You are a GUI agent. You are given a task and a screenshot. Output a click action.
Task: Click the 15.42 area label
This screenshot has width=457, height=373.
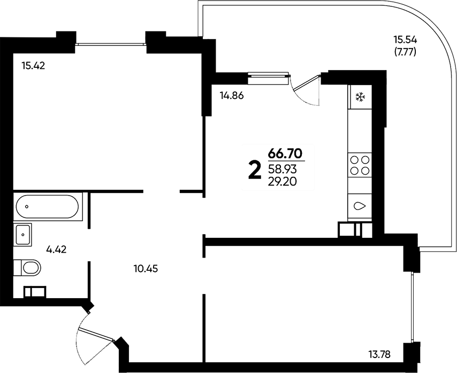coord(33,66)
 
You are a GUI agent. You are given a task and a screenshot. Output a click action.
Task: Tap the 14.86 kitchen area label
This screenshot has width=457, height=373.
coord(232,96)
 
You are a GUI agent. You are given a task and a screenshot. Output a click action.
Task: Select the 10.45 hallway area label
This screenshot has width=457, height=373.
coord(146,269)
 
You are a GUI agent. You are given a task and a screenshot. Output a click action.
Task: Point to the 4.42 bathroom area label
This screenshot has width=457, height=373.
coord(57,250)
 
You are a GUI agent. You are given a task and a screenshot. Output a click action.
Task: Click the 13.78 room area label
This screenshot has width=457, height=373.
coord(379,354)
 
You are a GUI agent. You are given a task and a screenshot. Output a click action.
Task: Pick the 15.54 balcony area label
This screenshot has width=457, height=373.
coord(406,39)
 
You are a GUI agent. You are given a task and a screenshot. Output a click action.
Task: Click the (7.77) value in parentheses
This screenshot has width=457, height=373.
coord(405,52)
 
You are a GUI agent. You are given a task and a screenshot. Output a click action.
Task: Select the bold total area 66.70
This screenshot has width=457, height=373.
coord(285,153)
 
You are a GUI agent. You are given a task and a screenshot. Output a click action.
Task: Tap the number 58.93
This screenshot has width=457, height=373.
coord(283,169)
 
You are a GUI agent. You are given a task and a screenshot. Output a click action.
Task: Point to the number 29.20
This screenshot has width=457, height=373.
coord(283,182)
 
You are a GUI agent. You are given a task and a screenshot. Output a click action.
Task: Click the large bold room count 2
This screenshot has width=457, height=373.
coord(254,171)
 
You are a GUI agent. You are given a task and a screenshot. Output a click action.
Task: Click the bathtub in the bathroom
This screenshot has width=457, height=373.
coord(48,206)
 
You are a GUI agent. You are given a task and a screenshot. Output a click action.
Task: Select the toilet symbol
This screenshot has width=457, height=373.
coord(27,267)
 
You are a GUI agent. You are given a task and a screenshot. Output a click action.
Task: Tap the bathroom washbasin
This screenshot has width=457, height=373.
coord(22,235)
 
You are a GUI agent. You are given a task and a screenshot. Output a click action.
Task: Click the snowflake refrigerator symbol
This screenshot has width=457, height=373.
coord(360,97)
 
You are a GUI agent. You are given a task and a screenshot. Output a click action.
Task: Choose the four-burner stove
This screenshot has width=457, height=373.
coord(360,165)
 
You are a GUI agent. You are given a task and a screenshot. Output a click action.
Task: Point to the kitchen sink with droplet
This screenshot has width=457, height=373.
coord(360,206)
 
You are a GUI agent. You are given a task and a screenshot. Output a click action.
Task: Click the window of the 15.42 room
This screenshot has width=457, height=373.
coord(111,44)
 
